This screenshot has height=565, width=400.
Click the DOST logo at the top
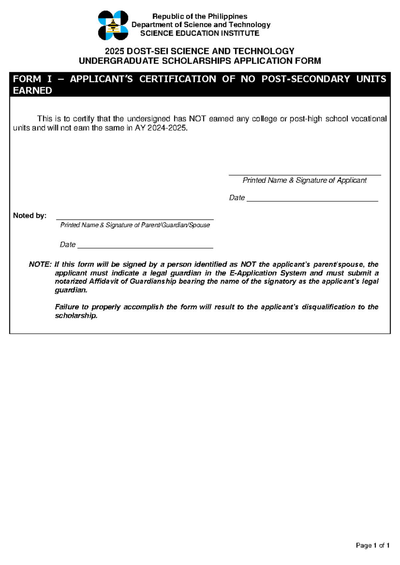pyautogui.click(x=113, y=25)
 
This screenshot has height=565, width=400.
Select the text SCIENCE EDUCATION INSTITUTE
pyautogui.click(x=200, y=33)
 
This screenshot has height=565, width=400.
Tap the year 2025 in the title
pyautogui.click(x=114, y=51)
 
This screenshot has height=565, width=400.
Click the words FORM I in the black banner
pyautogui.click(x=32, y=79)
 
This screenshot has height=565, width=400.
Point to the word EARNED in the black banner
pyautogui.click(x=32, y=91)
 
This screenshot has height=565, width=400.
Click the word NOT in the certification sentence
pyautogui.click(x=197, y=119)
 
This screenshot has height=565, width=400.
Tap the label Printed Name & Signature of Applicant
pyautogui.click(x=304, y=180)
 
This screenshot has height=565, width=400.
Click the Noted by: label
pyautogui.click(x=30, y=216)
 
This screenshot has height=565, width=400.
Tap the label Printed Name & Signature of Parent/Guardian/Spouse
pyautogui.click(x=135, y=225)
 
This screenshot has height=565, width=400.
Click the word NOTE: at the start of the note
pyautogui.click(x=40, y=265)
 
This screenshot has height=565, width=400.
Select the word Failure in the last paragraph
pyautogui.click(x=67, y=307)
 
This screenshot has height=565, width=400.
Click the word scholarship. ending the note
pyautogui.click(x=76, y=315)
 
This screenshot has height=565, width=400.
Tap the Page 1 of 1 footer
pyautogui.click(x=372, y=545)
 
